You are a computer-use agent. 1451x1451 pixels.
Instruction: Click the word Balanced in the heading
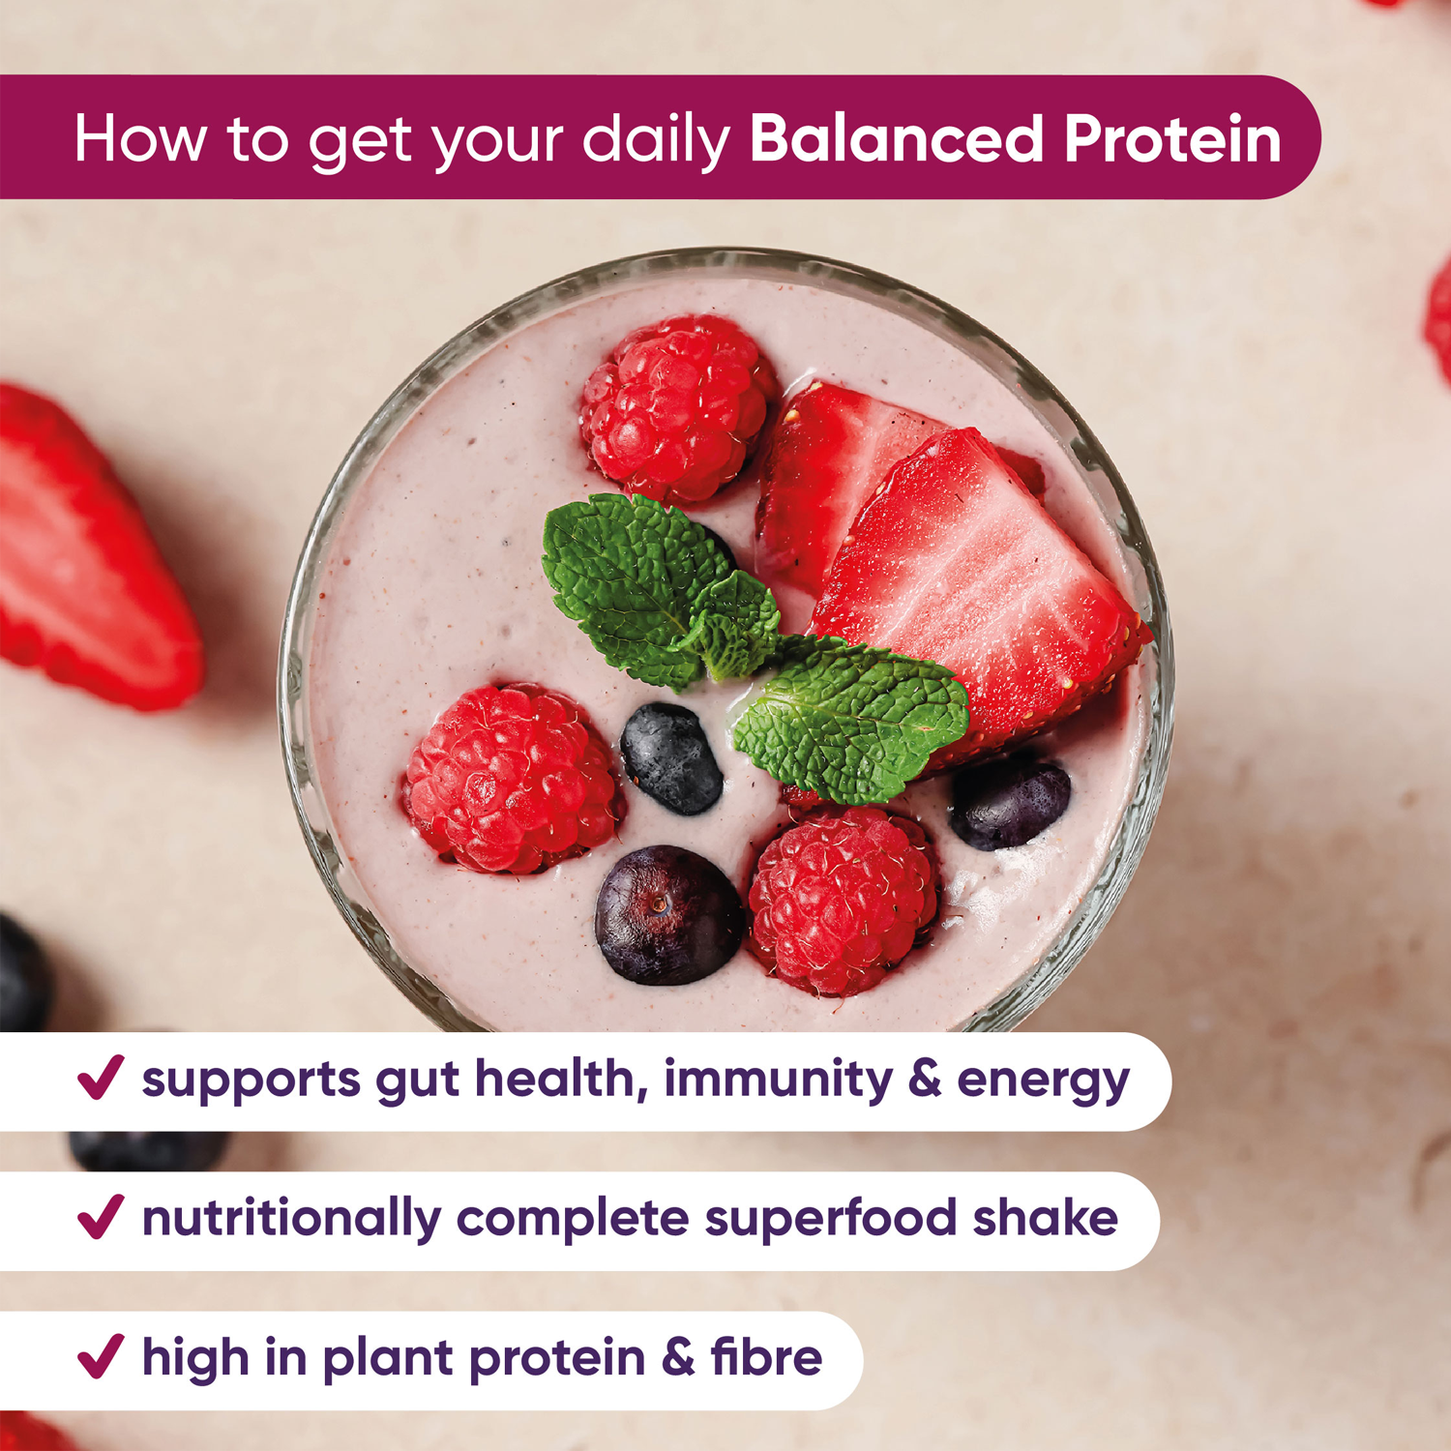(896, 138)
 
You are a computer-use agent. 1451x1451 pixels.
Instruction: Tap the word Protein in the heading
(1172, 138)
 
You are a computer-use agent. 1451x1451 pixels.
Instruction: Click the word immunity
(778, 1079)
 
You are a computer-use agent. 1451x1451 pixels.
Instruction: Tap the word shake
(1045, 1217)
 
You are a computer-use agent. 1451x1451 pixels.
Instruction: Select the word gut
(417, 1081)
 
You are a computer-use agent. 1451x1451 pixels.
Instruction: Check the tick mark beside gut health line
(101, 1078)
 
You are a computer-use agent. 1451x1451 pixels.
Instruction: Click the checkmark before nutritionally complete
(101, 1217)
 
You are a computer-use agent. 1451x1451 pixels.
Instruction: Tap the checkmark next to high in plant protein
(101, 1356)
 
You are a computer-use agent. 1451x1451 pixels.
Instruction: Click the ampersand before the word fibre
(678, 1357)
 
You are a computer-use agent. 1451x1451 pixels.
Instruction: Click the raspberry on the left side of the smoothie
(510, 779)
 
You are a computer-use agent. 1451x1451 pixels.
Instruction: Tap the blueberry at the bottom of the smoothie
(667, 914)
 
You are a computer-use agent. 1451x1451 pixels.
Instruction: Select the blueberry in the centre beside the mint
(670, 757)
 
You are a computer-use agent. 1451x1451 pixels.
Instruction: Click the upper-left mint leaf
(629, 580)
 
